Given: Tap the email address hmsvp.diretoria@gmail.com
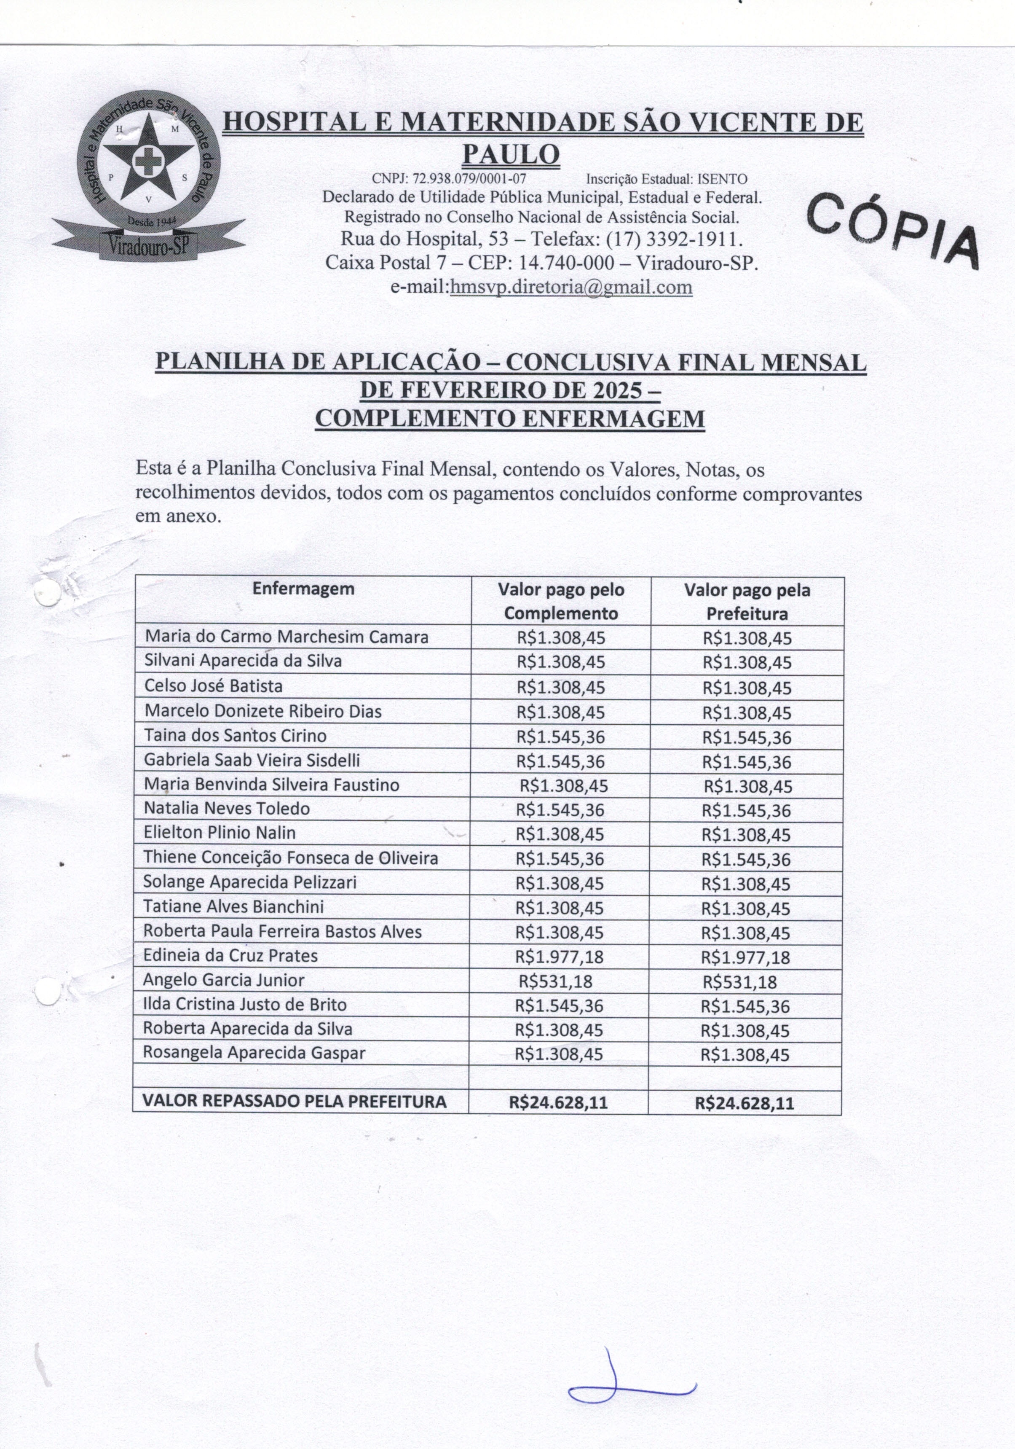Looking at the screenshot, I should pyautogui.click(x=571, y=288).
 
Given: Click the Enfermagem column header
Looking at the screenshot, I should pyautogui.click(x=303, y=589).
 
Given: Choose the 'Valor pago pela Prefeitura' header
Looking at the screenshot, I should pyautogui.click(x=747, y=602).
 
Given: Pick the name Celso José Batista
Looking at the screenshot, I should pyautogui.click(x=213, y=686).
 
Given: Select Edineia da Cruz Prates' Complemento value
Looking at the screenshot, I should pyautogui.click(x=559, y=957).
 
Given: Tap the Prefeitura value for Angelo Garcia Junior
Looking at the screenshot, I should pyautogui.click(x=739, y=982).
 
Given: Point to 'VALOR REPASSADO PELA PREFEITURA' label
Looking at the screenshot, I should pyautogui.click(x=294, y=1101).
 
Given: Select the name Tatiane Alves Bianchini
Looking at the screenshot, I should pyautogui.click(x=233, y=907).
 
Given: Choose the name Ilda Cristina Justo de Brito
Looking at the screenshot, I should pyautogui.click(x=245, y=1004).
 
